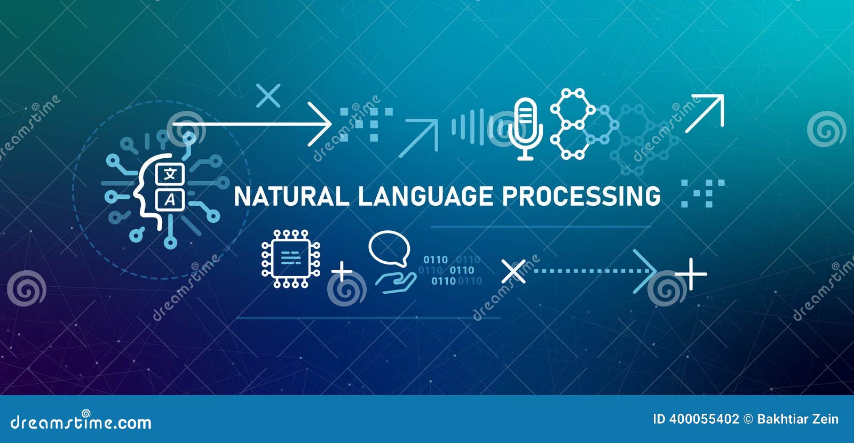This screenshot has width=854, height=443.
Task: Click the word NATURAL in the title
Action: point(291,196)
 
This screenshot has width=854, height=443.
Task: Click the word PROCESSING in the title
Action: point(581,196)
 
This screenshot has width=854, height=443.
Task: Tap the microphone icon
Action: point(525,128)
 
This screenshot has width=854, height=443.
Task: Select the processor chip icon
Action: point(291,259)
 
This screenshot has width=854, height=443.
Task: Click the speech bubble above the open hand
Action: point(389,248)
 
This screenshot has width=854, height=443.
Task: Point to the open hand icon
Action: point(396,282)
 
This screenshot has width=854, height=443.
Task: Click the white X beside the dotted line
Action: point(513,271)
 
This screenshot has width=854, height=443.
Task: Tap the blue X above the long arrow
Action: point(268,96)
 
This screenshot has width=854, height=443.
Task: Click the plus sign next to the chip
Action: point(342,271)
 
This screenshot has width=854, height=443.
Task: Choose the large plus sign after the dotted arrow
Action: point(691,274)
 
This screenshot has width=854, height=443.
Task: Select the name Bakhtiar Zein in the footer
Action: point(797,419)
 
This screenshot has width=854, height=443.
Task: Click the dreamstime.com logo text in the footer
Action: point(81,422)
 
